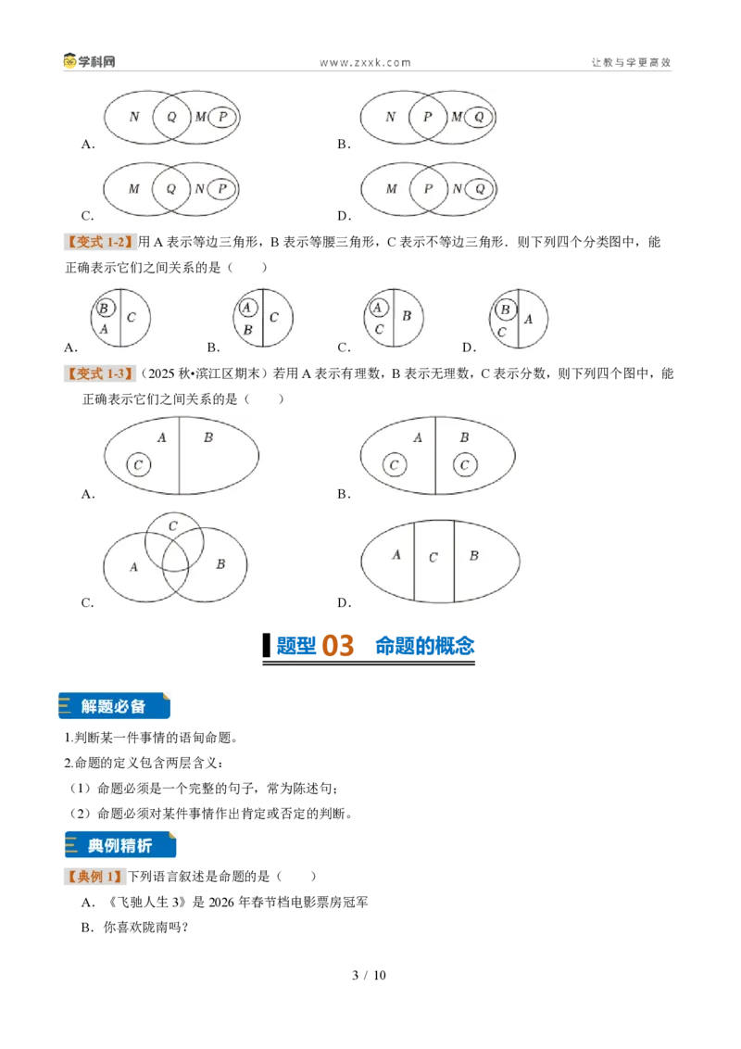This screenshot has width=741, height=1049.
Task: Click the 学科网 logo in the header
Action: [90, 61]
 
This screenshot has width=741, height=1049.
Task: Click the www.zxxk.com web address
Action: [365, 63]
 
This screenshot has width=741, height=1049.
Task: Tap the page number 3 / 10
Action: [370, 975]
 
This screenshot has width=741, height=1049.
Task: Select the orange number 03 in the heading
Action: [338, 646]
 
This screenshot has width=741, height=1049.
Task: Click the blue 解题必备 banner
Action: [114, 706]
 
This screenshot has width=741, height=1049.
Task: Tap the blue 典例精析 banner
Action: [120, 845]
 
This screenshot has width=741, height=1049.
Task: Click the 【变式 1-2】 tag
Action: [100, 242]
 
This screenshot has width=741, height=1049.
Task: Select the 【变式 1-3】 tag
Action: [100, 373]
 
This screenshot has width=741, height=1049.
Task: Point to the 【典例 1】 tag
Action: [95, 877]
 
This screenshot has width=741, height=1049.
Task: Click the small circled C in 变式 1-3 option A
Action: [138, 465]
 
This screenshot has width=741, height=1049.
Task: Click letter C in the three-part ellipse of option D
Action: [433, 557]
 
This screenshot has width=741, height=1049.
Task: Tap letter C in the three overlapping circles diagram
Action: [172, 526]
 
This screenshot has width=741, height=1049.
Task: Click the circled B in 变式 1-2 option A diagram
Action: [105, 309]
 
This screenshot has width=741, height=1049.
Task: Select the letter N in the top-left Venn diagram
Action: [134, 117]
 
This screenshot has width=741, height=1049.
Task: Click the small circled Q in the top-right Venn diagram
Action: [479, 117]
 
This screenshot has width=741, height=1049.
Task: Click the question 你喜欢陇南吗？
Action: [145, 928]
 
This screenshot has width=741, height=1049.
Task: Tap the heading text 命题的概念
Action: [424, 646]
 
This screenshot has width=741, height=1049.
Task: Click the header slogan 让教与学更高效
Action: [631, 62]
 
